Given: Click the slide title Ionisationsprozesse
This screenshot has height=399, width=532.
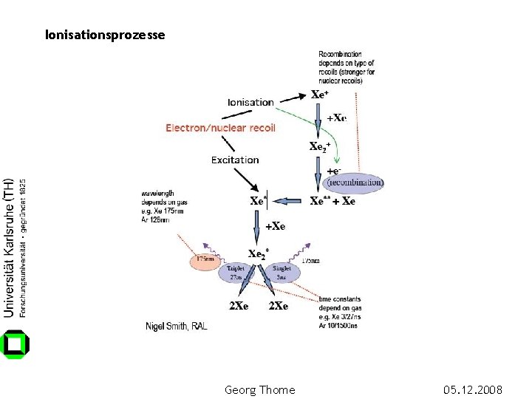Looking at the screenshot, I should (105, 35).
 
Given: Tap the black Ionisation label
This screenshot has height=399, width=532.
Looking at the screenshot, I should (250, 102).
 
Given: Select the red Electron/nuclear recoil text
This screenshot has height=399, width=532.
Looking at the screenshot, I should (220, 128).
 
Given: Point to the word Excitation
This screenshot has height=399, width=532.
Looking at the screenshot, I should (235, 160).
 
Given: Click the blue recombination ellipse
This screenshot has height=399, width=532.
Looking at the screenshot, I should (355, 181).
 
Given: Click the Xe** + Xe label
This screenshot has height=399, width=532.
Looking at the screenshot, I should (332, 201).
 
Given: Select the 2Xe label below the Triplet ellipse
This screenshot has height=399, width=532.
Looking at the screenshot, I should (239, 306).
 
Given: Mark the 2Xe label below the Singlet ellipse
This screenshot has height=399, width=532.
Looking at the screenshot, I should (279, 306).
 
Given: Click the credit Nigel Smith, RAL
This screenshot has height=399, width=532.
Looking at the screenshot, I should (177, 325).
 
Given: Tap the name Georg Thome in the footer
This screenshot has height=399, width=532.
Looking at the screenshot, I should (259, 389).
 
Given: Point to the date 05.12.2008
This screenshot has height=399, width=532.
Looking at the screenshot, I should (473, 389).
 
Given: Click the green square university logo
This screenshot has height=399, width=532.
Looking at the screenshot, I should (16, 344).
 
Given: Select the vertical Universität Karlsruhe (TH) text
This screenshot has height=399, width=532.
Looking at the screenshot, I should (10, 248).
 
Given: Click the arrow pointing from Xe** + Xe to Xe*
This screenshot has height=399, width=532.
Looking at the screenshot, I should (290, 201).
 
